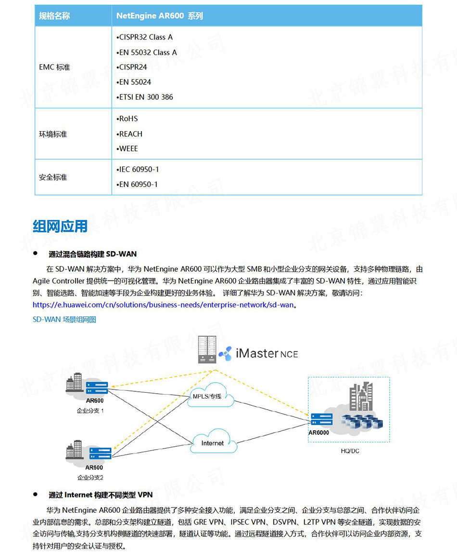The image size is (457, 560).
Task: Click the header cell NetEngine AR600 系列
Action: tap(160, 16)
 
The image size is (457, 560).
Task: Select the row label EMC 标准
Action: tap(54, 67)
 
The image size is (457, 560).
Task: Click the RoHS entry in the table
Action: tap(127, 119)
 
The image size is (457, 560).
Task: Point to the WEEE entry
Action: tap(127, 148)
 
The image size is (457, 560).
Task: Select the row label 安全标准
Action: tap(53, 177)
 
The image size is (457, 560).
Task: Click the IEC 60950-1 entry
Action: tap(138, 170)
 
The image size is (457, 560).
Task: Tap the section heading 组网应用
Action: tap(60, 226)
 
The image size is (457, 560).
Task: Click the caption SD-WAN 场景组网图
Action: tap(64, 319)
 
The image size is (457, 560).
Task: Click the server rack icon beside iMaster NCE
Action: tap(207, 349)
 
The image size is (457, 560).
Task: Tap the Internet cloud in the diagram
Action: tap(213, 443)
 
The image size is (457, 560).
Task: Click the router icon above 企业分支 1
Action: tap(99, 386)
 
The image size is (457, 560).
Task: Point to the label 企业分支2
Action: tap(90, 478)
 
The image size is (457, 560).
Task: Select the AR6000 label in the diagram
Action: tap(319, 432)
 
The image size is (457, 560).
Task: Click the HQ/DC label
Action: tap(349, 451)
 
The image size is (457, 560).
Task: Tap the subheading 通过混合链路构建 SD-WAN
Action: tap(92, 254)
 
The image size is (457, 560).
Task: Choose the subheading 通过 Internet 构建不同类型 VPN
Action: tap(101, 495)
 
